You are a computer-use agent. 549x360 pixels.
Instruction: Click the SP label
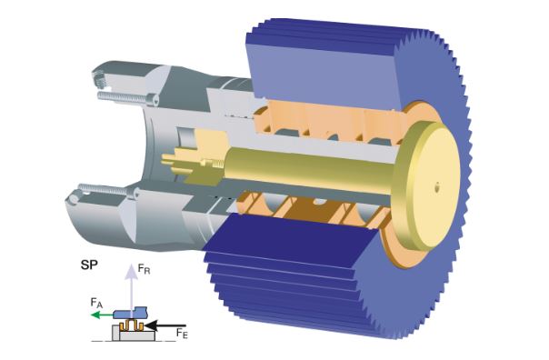[x=89, y=265]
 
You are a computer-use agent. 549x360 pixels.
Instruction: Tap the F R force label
[x=144, y=269]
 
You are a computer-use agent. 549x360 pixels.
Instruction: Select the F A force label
[x=96, y=303]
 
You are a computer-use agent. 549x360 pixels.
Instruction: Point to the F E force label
[x=182, y=333]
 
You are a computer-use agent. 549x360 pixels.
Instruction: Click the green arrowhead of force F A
[x=95, y=315]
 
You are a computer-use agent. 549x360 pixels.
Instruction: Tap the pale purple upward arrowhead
[x=132, y=271]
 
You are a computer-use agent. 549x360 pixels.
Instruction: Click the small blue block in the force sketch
[x=131, y=313]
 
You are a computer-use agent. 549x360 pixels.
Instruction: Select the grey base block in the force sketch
[x=133, y=334]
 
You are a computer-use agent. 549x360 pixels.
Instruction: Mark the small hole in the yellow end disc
[x=436, y=187]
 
